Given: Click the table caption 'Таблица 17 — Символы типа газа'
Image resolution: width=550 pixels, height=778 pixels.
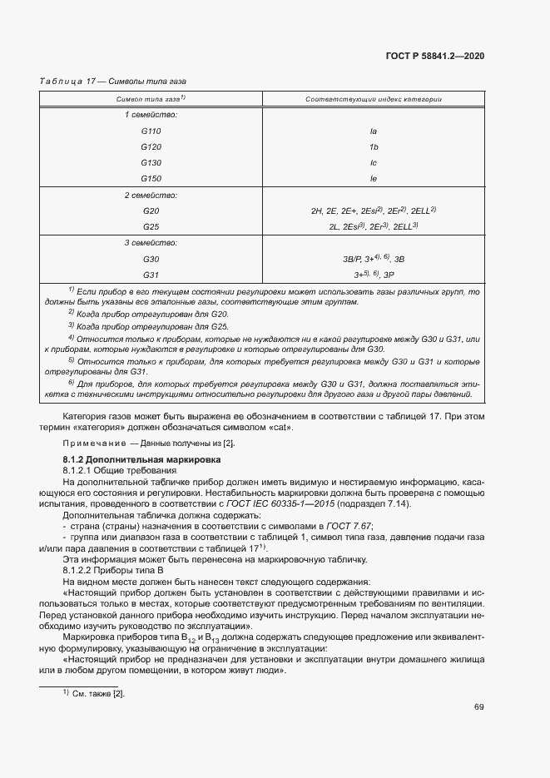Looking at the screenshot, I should tap(113, 82).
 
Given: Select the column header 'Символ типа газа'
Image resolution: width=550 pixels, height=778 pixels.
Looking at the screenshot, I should tap(151, 99).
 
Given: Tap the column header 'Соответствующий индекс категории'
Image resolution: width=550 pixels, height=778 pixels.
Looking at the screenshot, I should tap(374, 99).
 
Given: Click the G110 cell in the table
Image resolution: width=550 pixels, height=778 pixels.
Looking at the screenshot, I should tap(151, 131).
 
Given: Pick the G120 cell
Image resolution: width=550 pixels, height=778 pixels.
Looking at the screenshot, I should tap(151, 146).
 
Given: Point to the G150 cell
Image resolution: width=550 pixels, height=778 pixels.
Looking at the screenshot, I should tap(151, 178).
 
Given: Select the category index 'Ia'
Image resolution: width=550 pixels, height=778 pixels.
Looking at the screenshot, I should tap(374, 131).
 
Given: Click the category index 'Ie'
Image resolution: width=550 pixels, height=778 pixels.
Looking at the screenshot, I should tap(374, 178).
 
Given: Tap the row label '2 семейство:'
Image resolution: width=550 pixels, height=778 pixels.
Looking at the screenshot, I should tap(151, 196).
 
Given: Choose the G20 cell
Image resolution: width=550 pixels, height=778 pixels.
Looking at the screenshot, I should tap(151, 211).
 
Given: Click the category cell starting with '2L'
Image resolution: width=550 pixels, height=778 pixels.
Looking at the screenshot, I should tap(374, 226).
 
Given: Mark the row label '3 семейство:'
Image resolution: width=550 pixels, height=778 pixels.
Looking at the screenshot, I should tap(151, 243).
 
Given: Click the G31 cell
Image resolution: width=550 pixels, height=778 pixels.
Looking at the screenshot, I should tap(151, 275).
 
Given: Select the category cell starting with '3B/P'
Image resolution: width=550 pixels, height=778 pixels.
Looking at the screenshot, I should tap(374, 259).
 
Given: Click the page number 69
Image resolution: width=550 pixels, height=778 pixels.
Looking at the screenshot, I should tap(479, 707).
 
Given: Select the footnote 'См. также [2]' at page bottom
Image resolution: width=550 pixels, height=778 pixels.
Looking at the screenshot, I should tap(94, 693).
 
